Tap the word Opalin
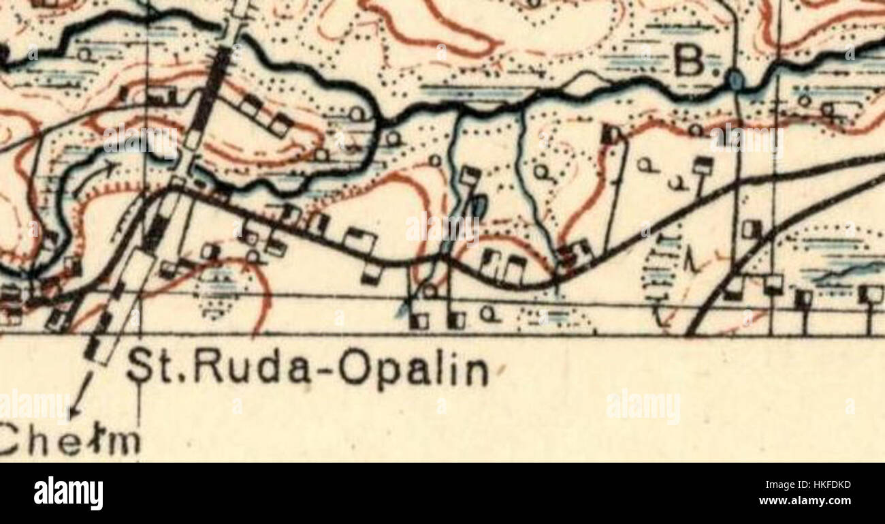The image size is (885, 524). [x=414, y=371]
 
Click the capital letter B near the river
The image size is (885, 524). [x=690, y=62]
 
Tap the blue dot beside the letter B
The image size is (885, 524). [x=735, y=80]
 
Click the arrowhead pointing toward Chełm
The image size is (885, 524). [x=73, y=411]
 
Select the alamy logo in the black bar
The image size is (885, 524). [x=68, y=493]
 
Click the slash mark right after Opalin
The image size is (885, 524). [x=501, y=372]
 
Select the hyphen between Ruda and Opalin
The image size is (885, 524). [x=326, y=371]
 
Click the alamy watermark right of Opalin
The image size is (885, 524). [x=643, y=407]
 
